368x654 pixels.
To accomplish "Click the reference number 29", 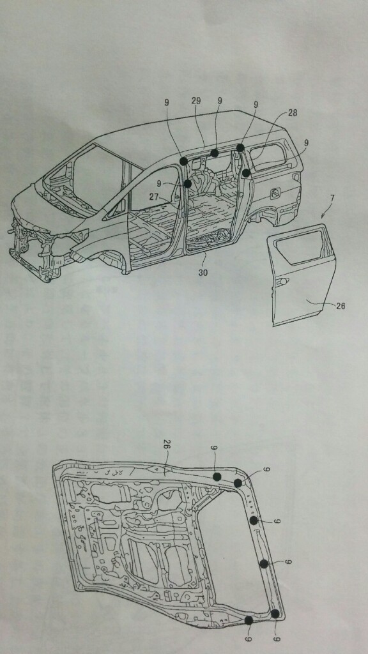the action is coord(196,101).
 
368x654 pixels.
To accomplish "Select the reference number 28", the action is coord(293,112).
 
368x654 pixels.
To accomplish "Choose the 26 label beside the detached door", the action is coord(341,307).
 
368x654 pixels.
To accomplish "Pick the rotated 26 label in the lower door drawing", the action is coord(168,452).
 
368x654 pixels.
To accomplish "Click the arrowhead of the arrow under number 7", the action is coord(323,217).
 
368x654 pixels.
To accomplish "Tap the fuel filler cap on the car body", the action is coord(275,193).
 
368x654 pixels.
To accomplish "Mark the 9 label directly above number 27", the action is coord(158,183).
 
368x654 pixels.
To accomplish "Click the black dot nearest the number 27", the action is coord(187,183).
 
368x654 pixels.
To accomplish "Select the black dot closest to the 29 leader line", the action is coord(215,153).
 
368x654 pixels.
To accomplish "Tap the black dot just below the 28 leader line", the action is coord(246,172).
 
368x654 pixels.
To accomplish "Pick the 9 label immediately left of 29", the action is coord(167,102).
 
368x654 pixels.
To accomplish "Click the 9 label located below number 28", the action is coord(307,142).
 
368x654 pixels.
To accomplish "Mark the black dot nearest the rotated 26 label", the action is coord(217,476).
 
